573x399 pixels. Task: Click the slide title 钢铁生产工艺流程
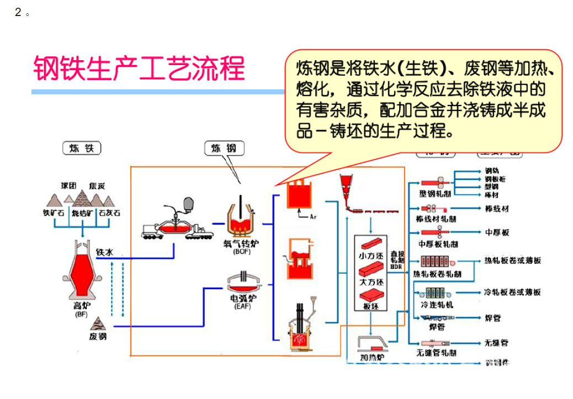(139, 69)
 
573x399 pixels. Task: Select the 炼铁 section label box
(82, 148)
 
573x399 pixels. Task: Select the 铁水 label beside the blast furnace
(105, 252)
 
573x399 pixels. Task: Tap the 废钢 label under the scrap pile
(98, 336)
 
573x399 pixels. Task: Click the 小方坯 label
(371, 256)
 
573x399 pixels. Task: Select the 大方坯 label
(371, 281)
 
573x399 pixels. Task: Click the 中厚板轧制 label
(438, 244)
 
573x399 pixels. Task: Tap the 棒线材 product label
(496, 209)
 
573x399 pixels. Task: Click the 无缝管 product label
(496, 343)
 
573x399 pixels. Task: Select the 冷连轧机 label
(437, 305)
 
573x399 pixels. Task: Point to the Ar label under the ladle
(313, 216)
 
